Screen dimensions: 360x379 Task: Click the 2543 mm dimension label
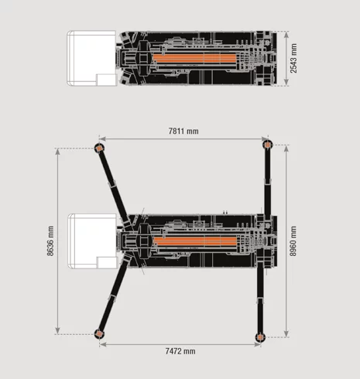(x=293, y=58)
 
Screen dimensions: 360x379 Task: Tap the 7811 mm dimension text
(x=183, y=131)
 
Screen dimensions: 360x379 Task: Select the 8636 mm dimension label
(x=50, y=241)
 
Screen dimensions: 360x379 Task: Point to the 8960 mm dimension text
(x=293, y=241)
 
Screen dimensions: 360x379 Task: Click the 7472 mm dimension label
(x=180, y=351)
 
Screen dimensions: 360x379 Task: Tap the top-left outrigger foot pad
(x=99, y=148)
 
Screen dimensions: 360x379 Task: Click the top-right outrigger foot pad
(x=268, y=145)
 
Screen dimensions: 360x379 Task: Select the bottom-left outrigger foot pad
(x=99, y=334)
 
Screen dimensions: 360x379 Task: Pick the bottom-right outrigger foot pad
(x=260, y=337)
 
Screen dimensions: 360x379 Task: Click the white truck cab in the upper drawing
(x=91, y=58)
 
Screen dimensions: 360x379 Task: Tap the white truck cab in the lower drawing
(x=92, y=241)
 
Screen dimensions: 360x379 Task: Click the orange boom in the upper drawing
(x=195, y=58)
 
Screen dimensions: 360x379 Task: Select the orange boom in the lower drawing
(x=195, y=241)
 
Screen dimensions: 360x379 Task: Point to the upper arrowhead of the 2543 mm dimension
(x=286, y=35)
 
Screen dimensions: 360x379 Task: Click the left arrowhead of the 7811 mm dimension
(x=103, y=139)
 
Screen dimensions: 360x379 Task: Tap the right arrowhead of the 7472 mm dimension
(x=257, y=344)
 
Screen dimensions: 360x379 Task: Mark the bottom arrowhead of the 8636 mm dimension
(x=57, y=330)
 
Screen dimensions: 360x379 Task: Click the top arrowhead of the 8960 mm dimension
(x=286, y=149)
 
